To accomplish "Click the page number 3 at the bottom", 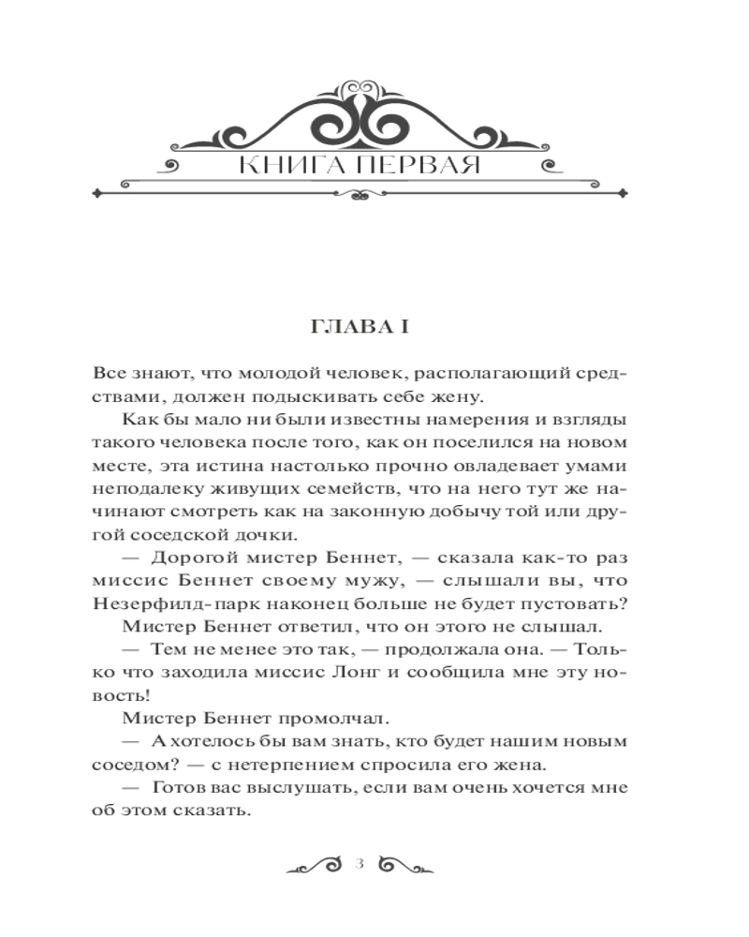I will pyautogui.click(x=360, y=863).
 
